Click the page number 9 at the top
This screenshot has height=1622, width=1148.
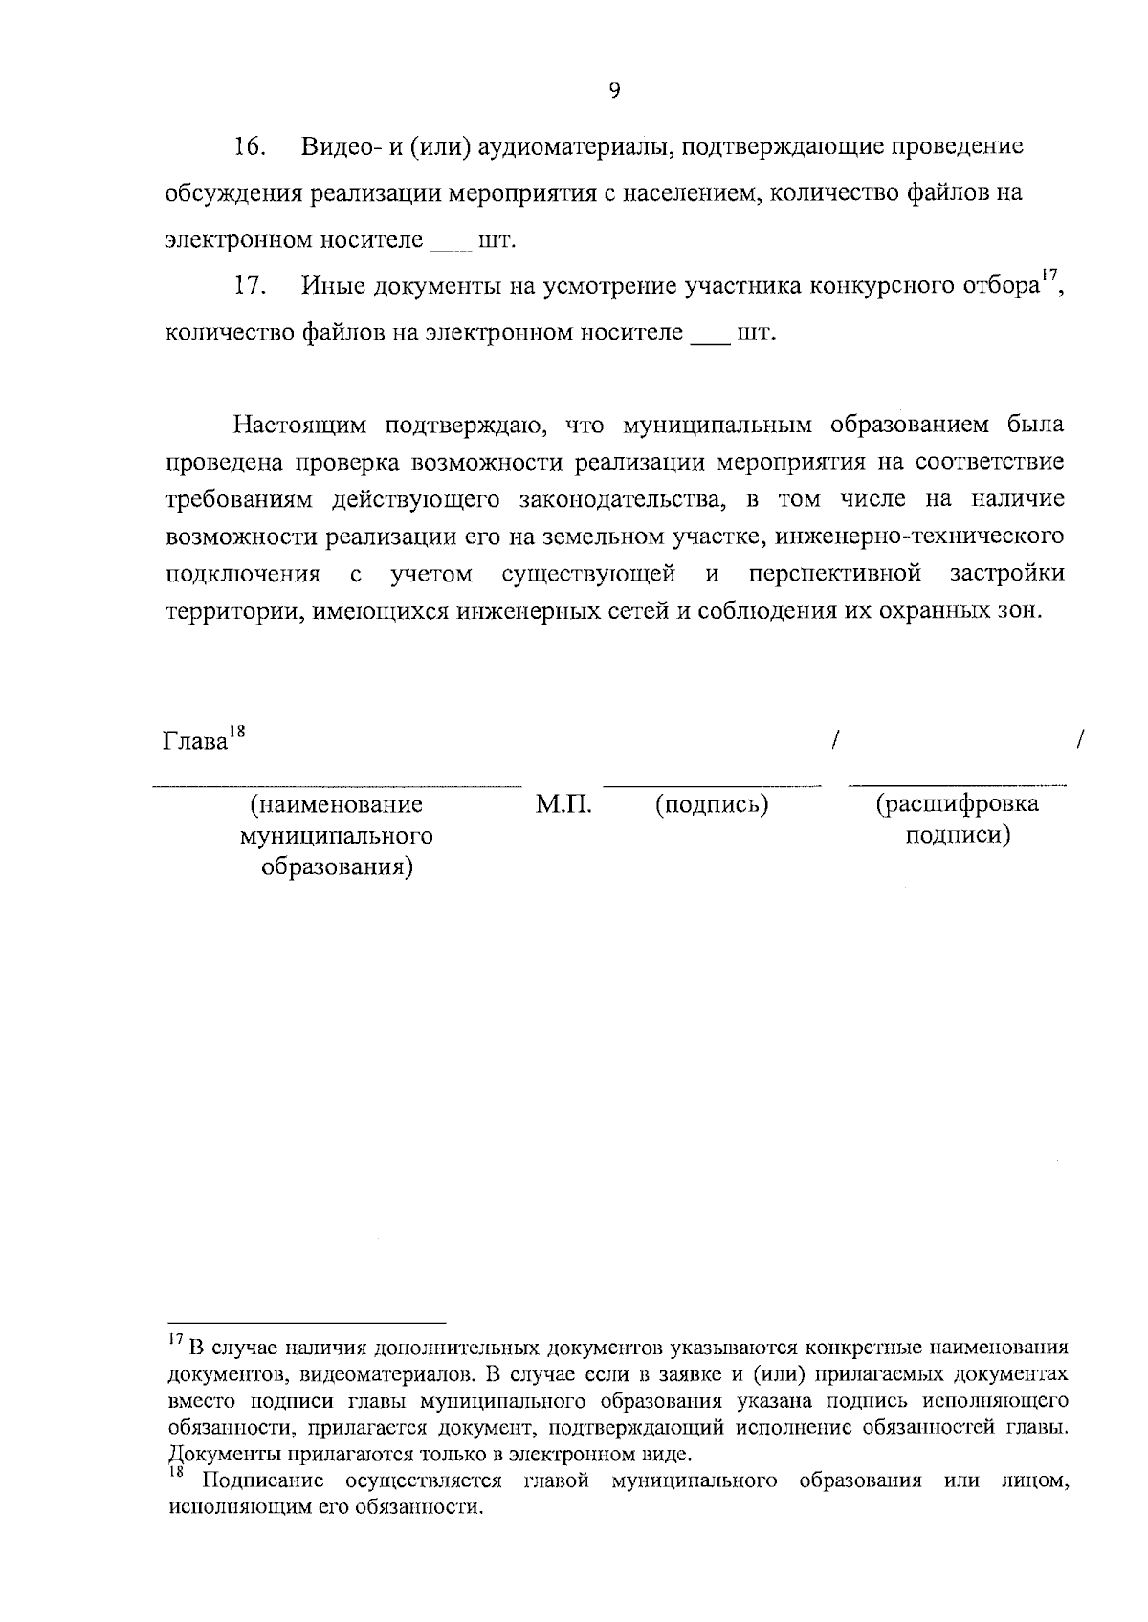614,90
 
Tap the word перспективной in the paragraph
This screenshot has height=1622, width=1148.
835,574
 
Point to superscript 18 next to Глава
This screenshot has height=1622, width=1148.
236,733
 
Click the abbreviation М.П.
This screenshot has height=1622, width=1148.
563,805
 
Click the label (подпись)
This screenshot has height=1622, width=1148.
712,805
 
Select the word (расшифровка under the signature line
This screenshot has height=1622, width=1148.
958,804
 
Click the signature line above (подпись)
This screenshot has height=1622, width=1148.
712,786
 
